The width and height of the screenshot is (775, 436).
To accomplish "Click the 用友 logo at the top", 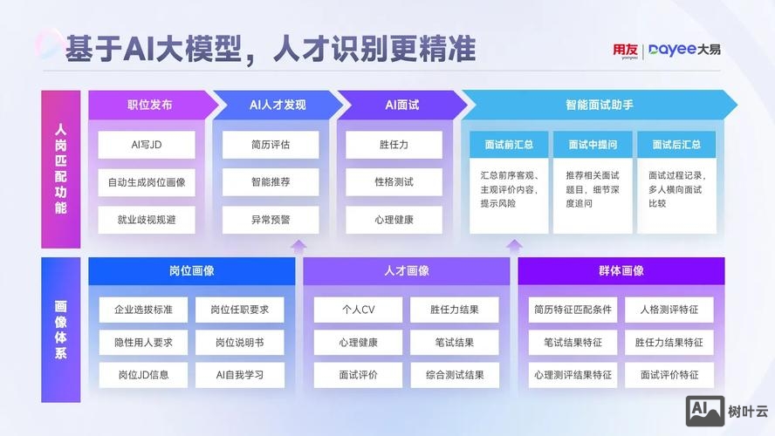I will pyautogui.click(x=625, y=51).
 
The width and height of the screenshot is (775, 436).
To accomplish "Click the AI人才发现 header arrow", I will pyautogui.click(x=278, y=105).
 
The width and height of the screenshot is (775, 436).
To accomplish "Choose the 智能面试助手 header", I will pyautogui.click(x=599, y=105).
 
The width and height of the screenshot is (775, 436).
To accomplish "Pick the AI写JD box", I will pyautogui.click(x=147, y=145).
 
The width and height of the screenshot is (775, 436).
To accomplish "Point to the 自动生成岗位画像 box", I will pyautogui.click(x=147, y=182).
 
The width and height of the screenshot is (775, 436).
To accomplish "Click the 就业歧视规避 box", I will pyautogui.click(x=147, y=220).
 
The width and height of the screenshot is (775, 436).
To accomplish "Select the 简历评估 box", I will pyautogui.click(x=271, y=145).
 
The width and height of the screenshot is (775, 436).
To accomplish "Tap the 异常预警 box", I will pyautogui.click(x=271, y=220).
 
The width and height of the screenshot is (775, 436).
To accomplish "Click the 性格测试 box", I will pyautogui.click(x=394, y=182).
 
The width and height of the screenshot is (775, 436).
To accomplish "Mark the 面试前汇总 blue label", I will pyautogui.click(x=508, y=145).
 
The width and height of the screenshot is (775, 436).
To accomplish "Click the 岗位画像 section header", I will pyautogui.click(x=191, y=271).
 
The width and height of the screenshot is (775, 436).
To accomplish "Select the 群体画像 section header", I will pyautogui.click(x=621, y=271).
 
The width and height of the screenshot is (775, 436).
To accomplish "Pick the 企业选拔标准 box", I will pyautogui.click(x=143, y=310).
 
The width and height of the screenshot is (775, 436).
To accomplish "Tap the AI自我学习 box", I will pyautogui.click(x=240, y=376).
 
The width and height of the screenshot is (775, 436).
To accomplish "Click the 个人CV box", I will pyautogui.click(x=358, y=310).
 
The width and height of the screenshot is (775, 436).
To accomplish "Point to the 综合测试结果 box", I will pyautogui.click(x=455, y=376).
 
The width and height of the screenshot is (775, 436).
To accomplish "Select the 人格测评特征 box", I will pyautogui.click(x=669, y=310).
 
